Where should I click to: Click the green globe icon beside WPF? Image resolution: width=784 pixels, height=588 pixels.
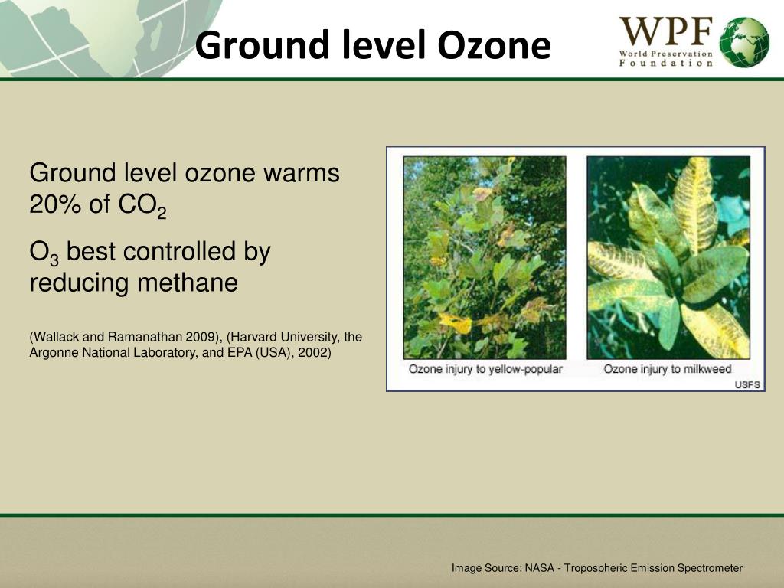744,41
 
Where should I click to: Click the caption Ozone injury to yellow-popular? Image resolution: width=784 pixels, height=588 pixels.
485,369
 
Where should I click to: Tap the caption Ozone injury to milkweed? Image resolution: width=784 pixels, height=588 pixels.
667,369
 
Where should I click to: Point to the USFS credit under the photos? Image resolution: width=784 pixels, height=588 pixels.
747,384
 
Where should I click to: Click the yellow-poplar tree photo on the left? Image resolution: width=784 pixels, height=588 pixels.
485,257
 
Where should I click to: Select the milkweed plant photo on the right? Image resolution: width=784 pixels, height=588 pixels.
668,257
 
